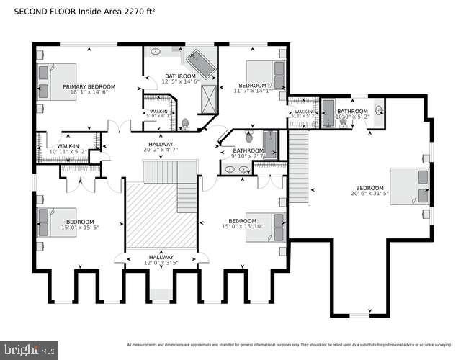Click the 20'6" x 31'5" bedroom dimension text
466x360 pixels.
tap(369, 192)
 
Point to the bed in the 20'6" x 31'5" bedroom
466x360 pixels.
tap(409, 186)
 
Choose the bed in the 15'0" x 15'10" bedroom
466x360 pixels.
tap(266, 226)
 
